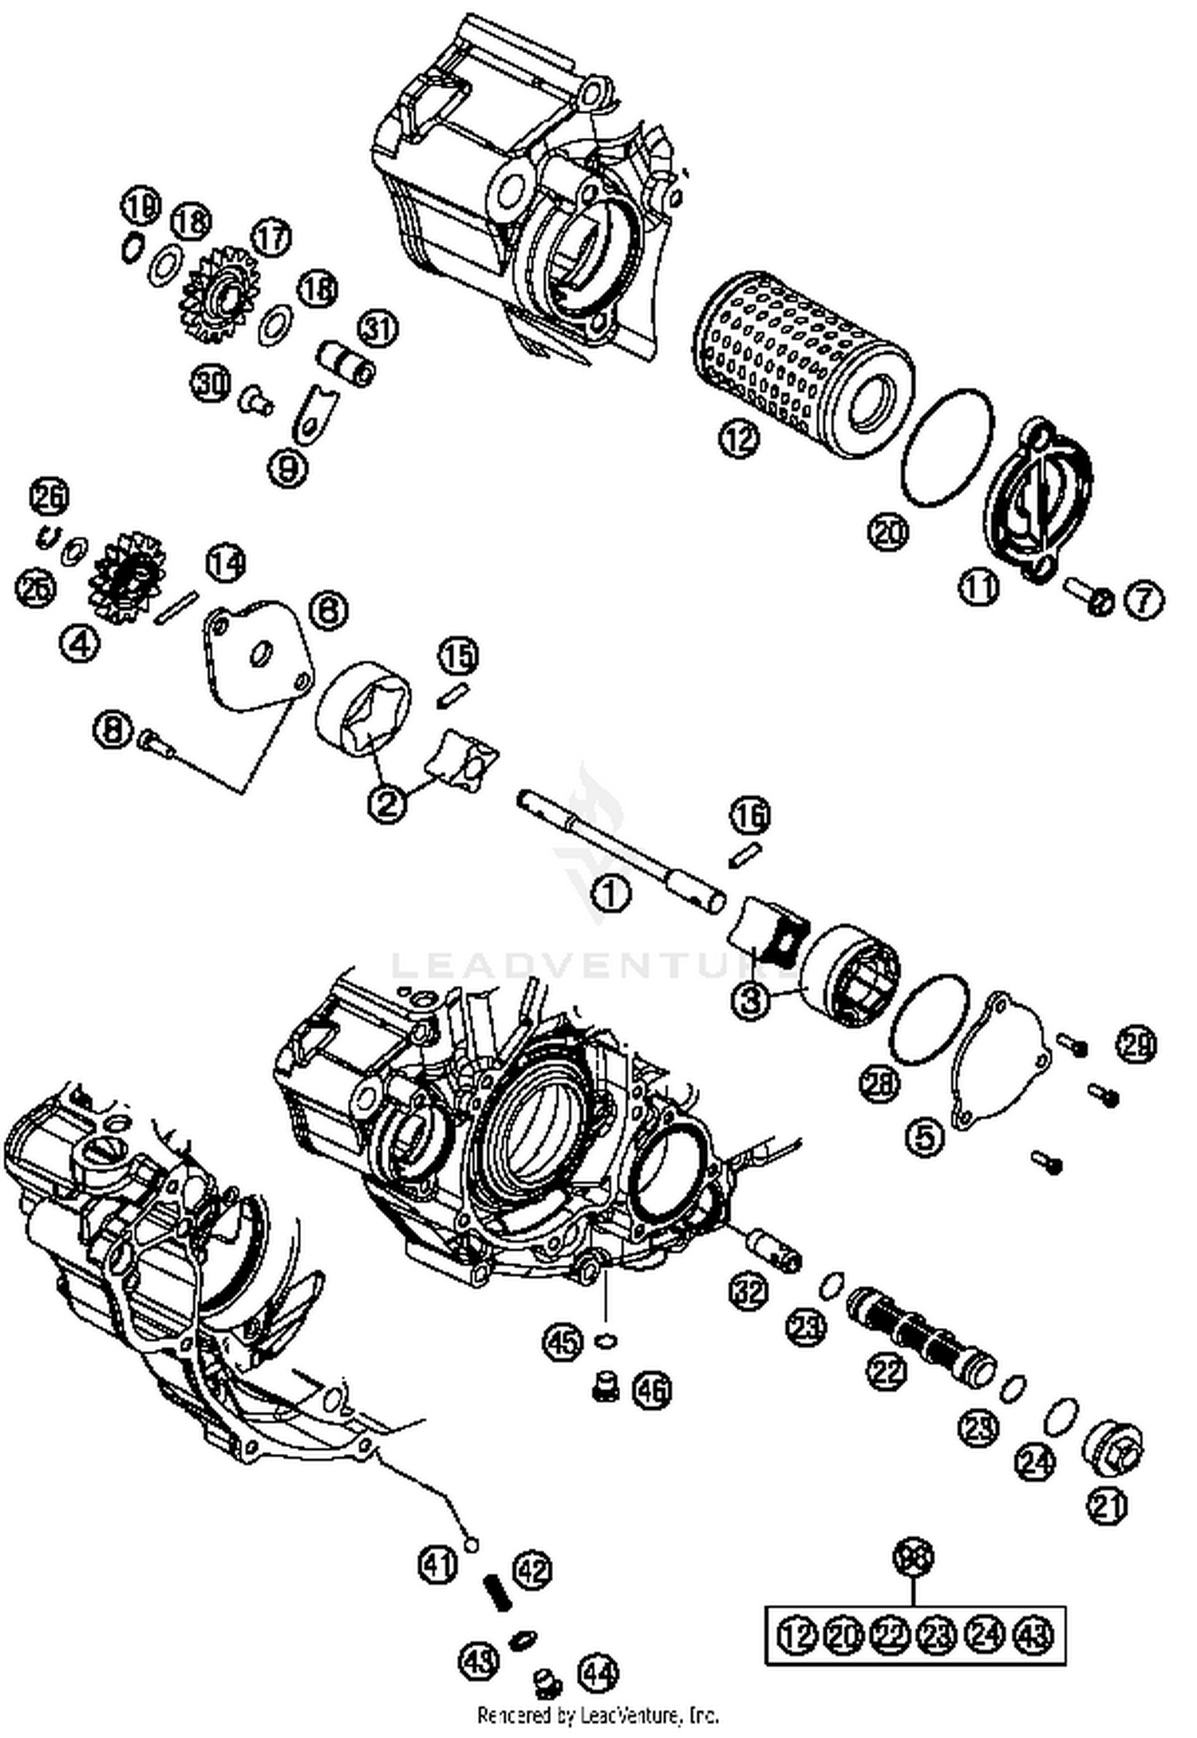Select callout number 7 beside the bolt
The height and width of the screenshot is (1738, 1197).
(x=1144, y=600)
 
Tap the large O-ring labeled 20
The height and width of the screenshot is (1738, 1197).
(x=948, y=447)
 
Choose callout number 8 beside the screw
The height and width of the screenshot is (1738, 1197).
(x=113, y=728)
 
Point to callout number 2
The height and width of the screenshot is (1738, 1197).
(x=386, y=802)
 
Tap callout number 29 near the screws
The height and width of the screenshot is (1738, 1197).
(x=1136, y=1044)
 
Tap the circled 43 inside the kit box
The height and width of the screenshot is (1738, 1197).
(x=1033, y=1635)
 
